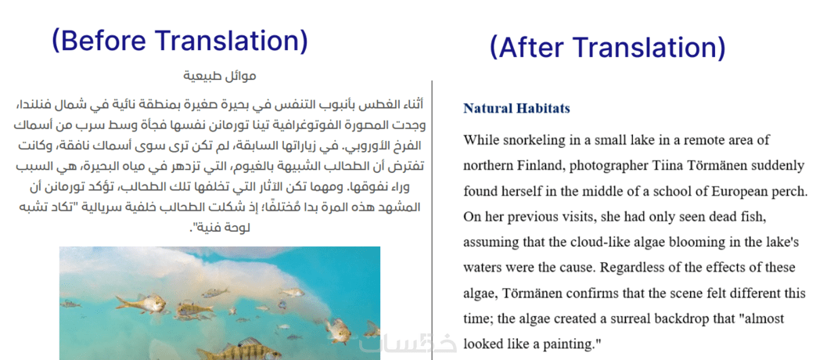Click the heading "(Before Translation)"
[x=180, y=41]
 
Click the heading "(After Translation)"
[x=607, y=47]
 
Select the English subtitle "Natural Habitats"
[x=517, y=108]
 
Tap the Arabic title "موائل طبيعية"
[x=220, y=76]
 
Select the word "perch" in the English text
[x=790, y=192]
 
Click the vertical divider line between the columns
[x=432, y=220]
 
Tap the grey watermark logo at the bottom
[x=408, y=344]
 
